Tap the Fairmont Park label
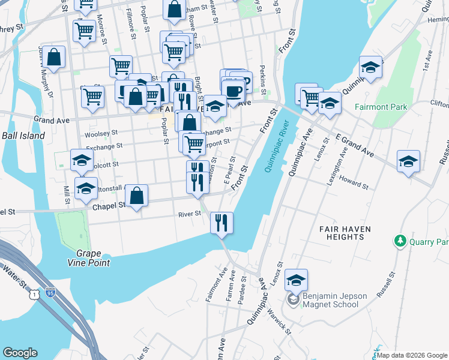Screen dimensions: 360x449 381,107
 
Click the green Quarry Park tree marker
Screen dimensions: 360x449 400,241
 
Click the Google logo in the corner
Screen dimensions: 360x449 20,353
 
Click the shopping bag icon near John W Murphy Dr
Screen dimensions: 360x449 54,58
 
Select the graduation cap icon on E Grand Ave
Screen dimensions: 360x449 408,161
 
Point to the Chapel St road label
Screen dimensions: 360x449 109,205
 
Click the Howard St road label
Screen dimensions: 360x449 349,178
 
